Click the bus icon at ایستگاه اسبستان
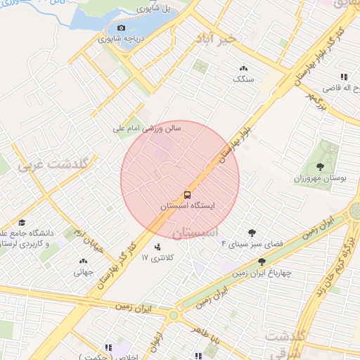point(187,194)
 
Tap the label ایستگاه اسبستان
point(187,207)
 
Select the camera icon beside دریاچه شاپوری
point(121,28)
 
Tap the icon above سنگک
point(243,68)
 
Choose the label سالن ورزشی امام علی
point(148,129)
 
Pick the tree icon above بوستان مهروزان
point(321,167)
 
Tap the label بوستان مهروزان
point(323,179)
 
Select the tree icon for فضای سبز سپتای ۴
point(252,232)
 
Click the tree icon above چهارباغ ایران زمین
point(262,261)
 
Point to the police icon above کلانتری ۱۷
point(157,247)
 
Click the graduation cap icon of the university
point(22,222)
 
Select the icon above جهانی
point(83,262)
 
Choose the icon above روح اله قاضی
point(343,77)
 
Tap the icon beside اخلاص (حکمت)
point(108,347)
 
